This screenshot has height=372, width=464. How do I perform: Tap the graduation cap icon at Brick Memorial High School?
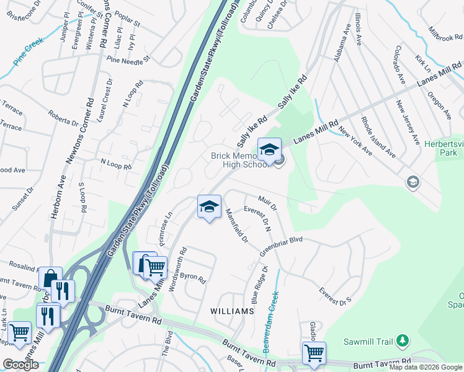[x=270, y=149]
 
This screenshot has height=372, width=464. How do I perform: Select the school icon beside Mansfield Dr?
[x=210, y=206]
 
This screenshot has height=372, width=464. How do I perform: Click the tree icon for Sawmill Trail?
[x=404, y=340]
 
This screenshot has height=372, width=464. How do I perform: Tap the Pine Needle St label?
[x=128, y=60]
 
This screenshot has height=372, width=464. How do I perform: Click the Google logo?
[x=20, y=365]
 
